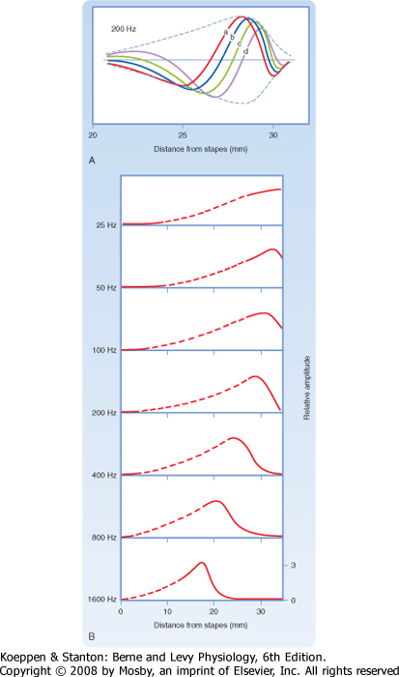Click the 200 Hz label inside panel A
pos(124,29)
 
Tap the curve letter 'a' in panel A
pos(226,32)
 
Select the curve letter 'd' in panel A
pos(245,52)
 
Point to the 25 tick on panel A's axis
pos(183,135)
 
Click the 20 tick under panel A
pos(93,135)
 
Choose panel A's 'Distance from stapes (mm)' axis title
pos(201,149)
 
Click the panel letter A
pos(92,161)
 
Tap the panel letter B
pos(92,636)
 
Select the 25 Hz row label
pos(106,225)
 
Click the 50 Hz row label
pos(106,287)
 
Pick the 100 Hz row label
pos(104,350)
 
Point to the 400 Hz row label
pos(104,475)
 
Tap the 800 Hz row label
pos(104,538)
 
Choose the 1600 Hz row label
pos(102,600)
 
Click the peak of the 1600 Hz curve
pos(202,562)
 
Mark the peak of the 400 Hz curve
pos(234,438)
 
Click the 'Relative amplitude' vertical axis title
pos(307,388)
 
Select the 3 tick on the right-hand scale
pos(293,565)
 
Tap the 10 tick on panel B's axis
pos(167,611)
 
